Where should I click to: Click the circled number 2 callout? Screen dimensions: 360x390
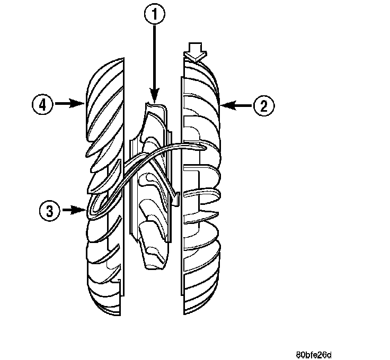pos(263,105)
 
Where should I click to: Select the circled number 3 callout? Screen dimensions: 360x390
pos(49,211)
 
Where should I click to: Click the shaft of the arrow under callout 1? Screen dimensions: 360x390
pos(154,64)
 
